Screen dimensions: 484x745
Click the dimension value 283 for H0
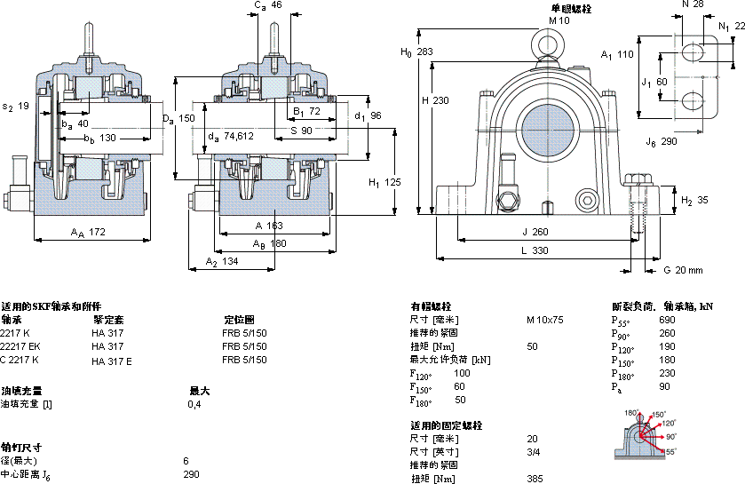coord(426,52)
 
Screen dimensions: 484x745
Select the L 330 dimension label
coord(535,250)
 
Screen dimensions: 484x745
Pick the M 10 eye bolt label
coord(558,20)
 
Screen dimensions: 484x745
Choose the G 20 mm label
coord(684,270)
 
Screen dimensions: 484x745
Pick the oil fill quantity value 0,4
coord(194,405)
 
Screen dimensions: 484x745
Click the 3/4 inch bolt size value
coord(533,452)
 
